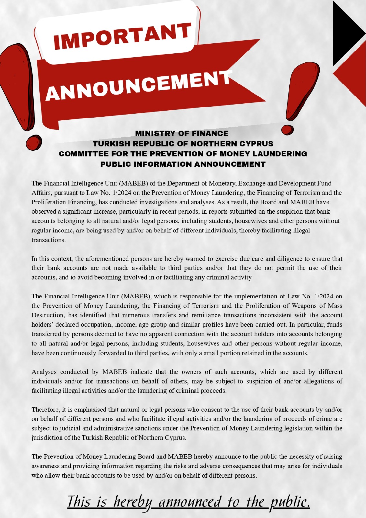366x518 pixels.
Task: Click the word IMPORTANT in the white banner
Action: pos(122,36)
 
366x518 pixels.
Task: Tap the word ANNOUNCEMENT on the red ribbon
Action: pos(139,85)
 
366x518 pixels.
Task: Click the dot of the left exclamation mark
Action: pos(34,142)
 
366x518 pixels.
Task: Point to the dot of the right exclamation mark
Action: pos(287,129)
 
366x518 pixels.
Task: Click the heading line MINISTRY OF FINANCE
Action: pos(182,133)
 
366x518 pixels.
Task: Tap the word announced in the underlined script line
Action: pos(190,502)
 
